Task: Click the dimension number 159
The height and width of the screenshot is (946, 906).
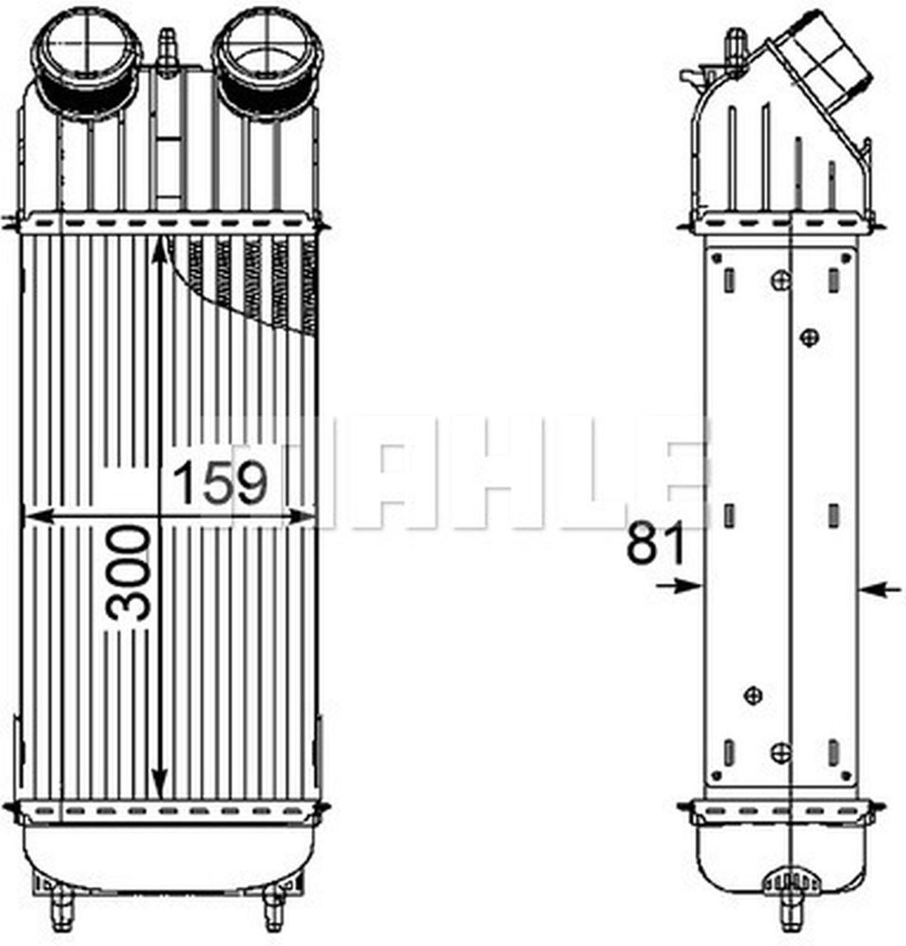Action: (219, 482)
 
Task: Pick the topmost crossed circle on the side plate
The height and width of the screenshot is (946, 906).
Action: (781, 279)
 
